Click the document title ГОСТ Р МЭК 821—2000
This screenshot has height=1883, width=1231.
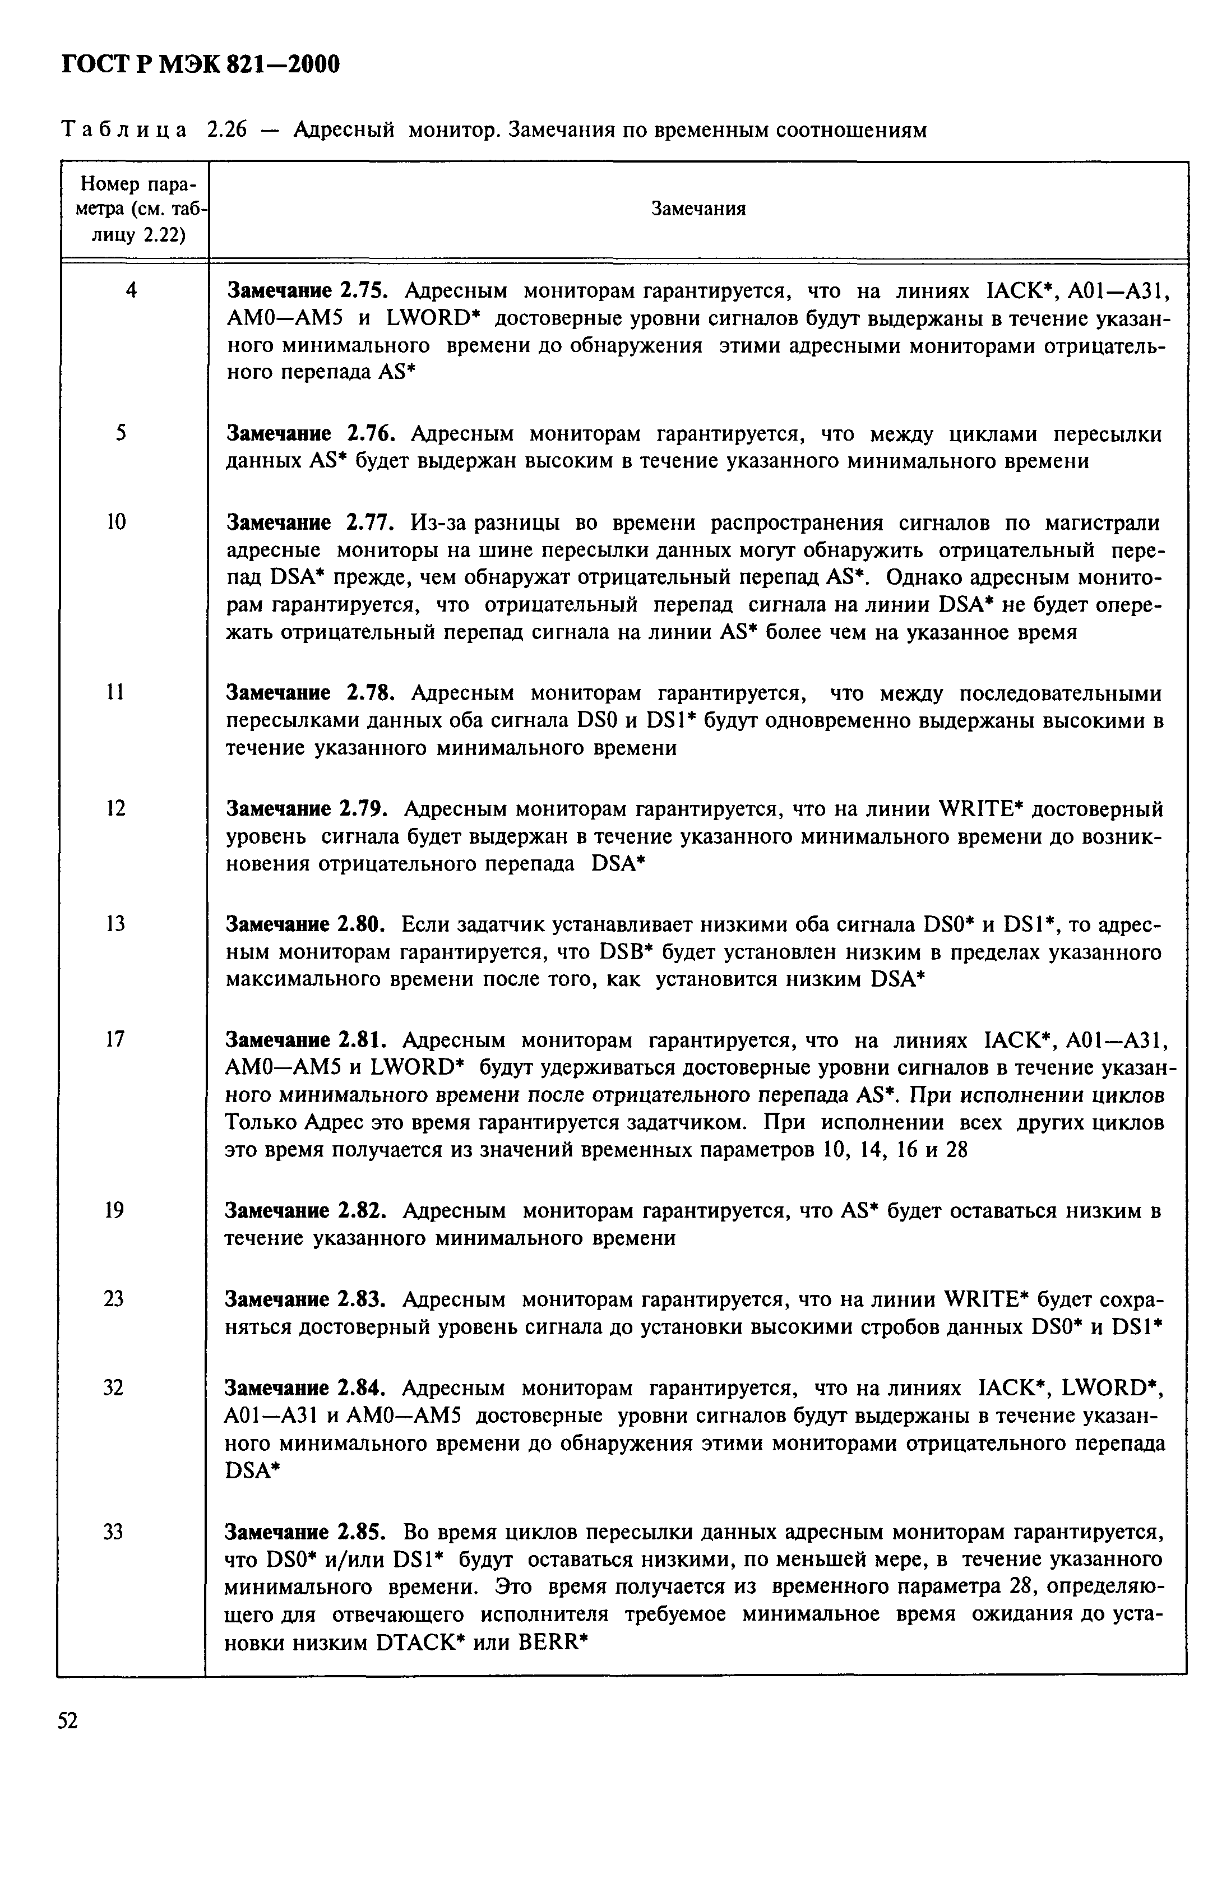[x=200, y=64]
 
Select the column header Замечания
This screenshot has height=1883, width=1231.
[x=698, y=209]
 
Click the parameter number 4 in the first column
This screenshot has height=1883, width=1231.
[x=131, y=291]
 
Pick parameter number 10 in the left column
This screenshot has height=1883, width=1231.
[x=115, y=522]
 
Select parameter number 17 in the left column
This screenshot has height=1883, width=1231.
[x=115, y=1039]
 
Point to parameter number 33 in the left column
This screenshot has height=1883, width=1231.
[x=113, y=1532]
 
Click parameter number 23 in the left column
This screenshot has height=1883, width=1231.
[x=113, y=1299]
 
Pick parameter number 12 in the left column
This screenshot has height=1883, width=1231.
[x=115, y=808]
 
